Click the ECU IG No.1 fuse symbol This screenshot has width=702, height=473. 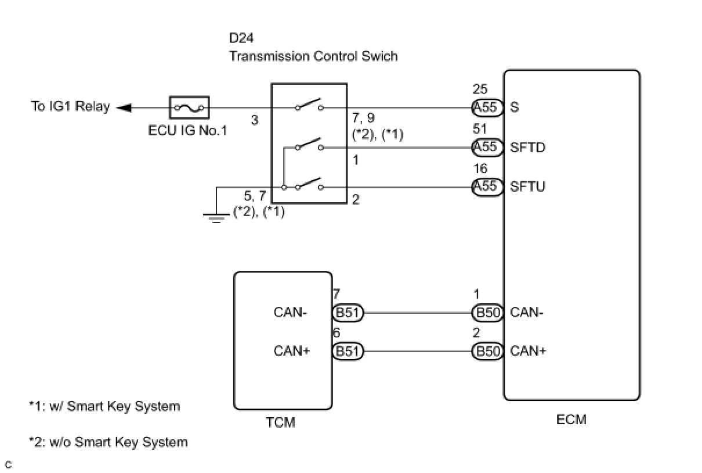[x=189, y=107]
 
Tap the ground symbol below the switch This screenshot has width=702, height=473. [x=216, y=218]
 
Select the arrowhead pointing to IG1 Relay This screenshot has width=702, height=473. [x=124, y=107]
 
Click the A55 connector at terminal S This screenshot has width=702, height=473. [x=487, y=107]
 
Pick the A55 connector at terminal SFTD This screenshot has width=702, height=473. [x=487, y=147]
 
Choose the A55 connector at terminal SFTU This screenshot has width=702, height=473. [x=487, y=187]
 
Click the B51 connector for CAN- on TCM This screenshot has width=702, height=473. [x=348, y=313]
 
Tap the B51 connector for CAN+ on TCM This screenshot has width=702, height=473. [x=348, y=351]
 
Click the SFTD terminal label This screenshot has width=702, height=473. [x=528, y=148]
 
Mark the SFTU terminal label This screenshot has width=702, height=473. [x=528, y=187]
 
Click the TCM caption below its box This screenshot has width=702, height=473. [x=280, y=422]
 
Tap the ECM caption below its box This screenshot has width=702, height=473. [x=571, y=420]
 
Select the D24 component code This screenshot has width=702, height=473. [x=241, y=38]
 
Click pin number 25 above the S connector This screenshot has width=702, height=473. [x=480, y=89]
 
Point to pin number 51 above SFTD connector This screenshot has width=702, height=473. [x=480, y=128]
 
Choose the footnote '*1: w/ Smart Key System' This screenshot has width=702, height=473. [x=104, y=406]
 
